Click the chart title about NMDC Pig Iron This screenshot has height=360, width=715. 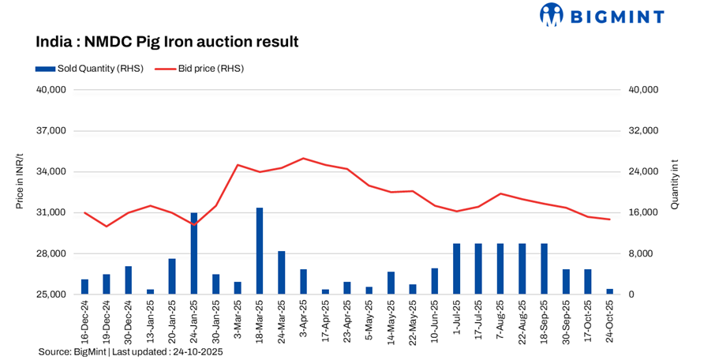coord(167,41)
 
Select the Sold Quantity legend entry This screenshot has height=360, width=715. coord(89,69)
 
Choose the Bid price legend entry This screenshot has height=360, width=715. coord(199,69)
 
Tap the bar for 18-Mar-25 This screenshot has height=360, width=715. coord(260,251)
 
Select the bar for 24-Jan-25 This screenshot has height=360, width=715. coord(194,253)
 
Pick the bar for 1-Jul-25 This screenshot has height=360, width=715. coord(456,268)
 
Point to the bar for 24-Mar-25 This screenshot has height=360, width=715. coord(281,272)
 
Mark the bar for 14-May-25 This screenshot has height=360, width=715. coord(391,283)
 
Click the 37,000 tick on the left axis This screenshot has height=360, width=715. coord(51,131)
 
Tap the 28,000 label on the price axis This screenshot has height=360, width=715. coord(51,254)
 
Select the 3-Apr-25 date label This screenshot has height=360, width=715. coord(303,319)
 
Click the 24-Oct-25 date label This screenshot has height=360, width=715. coord(609,321)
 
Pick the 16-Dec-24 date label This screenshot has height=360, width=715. coord(84,321)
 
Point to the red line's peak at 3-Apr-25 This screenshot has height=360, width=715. coord(304,158)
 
